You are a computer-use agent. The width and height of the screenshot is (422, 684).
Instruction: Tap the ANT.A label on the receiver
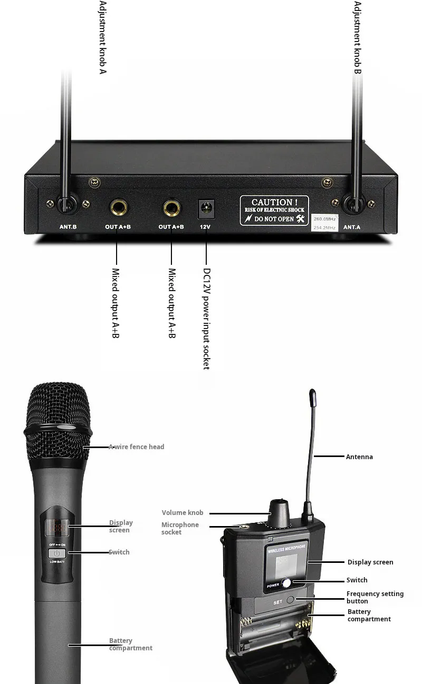[352, 227]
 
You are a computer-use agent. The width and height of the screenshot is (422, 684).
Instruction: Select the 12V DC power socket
[205, 209]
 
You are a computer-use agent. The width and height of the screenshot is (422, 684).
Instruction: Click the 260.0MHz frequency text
[325, 218]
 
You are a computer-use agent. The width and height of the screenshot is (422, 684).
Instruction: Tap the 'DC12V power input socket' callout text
[207, 319]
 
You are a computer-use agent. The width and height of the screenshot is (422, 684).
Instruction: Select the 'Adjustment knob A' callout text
[102, 37]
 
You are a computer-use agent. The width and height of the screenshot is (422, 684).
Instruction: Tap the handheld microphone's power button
[58, 553]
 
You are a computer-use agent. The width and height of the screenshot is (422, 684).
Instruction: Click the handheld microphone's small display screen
[56, 526]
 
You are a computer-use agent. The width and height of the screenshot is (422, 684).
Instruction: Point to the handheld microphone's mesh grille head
[57, 421]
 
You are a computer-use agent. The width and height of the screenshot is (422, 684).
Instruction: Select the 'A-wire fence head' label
[137, 447]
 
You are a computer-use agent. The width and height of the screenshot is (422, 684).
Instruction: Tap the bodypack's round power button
[286, 583]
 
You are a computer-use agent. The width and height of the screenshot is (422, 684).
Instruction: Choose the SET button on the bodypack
[298, 600]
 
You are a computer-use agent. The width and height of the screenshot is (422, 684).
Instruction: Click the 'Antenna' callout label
[359, 457]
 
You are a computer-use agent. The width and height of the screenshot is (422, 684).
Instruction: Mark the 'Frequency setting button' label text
[375, 597]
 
